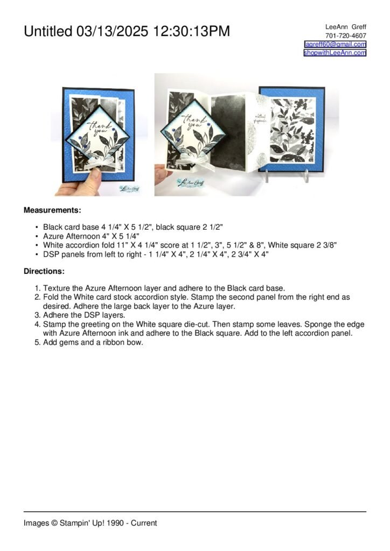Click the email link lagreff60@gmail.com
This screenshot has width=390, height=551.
click(x=335, y=44)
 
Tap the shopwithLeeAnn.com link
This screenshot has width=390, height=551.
click(x=335, y=53)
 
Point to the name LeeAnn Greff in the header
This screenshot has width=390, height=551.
click(x=346, y=27)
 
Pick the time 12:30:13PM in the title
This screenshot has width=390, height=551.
click(x=191, y=32)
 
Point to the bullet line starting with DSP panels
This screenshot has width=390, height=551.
click(x=156, y=253)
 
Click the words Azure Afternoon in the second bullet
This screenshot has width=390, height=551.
click(x=71, y=236)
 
